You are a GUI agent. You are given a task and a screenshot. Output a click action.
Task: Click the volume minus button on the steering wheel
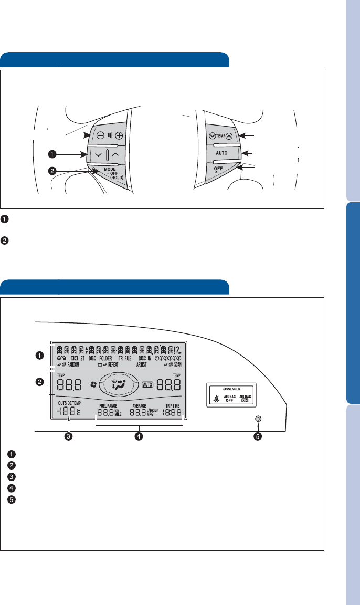pyautogui.click(x=100, y=135)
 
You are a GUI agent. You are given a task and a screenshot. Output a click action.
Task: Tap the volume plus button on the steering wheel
pyautogui.click(x=120, y=135)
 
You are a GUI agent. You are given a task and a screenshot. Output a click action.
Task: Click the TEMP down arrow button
pyautogui.click(x=211, y=135)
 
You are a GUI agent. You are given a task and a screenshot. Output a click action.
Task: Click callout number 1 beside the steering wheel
pyautogui.click(x=53, y=154)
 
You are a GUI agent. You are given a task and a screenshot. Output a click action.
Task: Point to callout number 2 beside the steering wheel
pyautogui.click(x=53, y=170)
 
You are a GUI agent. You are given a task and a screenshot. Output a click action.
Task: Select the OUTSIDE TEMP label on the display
pyautogui.click(x=66, y=403)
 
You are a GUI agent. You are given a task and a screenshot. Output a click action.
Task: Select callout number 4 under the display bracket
pyautogui.click(x=138, y=436)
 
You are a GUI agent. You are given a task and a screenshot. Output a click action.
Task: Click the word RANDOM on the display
pyautogui.click(x=71, y=363)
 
